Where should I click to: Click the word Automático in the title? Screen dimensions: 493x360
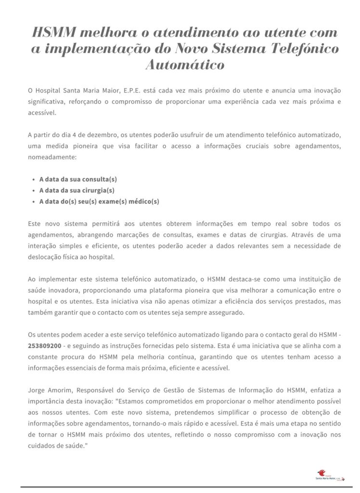pyautogui.click(x=185, y=65)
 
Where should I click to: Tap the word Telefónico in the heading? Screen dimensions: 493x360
pyautogui.click(x=299, y=49)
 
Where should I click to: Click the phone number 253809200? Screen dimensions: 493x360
pyautogui.click(x=45, y=346)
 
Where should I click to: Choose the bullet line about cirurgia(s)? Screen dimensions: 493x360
pyautogui.click(x=77, y=190)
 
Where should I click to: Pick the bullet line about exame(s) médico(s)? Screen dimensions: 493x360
pyautogui.click(x=99, y=202)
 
